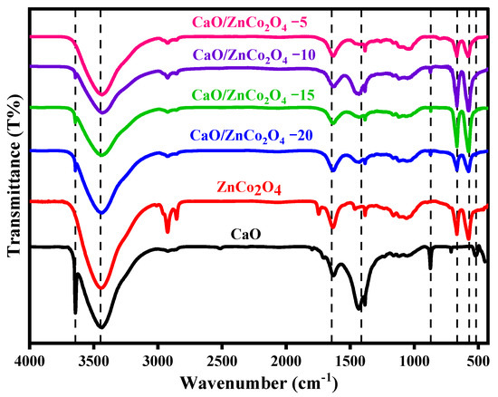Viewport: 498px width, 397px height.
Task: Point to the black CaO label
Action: pos(254,233)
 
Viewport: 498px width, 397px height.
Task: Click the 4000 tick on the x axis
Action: pos(30,359)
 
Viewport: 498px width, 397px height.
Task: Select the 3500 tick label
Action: pos(94,359)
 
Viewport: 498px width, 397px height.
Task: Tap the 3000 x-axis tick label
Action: pos(158,359)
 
